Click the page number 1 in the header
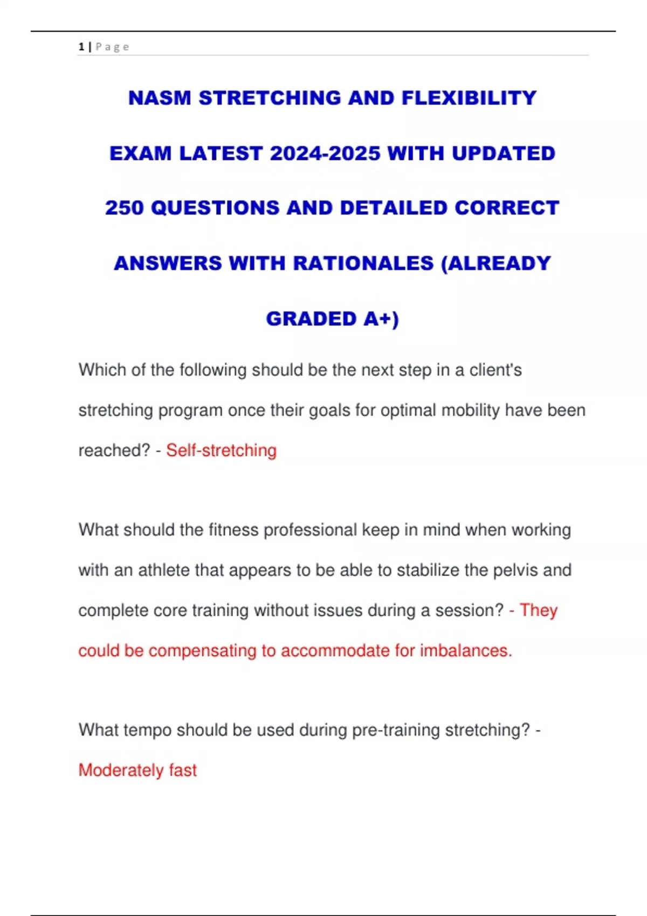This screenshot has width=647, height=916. click(81, 47)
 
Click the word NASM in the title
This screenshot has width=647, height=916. click(160, 98)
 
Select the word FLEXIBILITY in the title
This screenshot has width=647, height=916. click(469, 98)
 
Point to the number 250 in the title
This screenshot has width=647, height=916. click(124, 208)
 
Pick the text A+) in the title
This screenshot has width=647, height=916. click(381, 319)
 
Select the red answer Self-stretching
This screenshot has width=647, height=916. click(221, 450)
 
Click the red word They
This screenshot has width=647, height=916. click(538, 610)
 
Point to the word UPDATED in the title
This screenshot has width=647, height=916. click(503, 154)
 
